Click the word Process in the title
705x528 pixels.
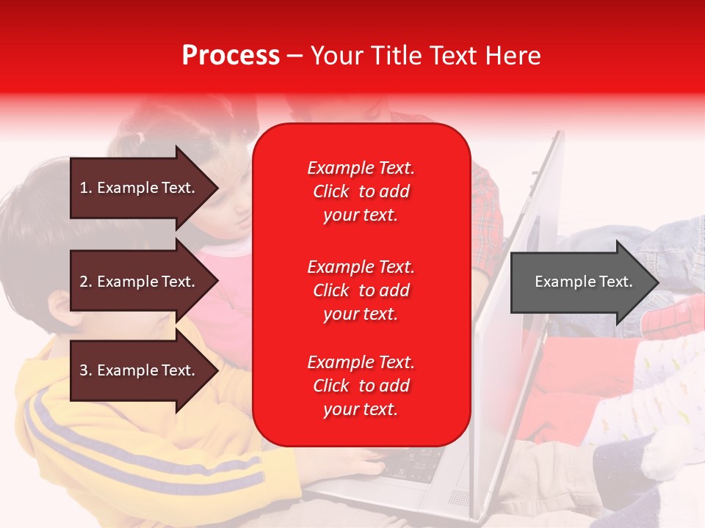click(x=231, y=55)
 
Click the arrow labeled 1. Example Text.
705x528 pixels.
click(x=144, y=188)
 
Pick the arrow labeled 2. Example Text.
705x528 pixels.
click(x=144, y=281)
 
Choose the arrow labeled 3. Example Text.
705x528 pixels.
click(x=144, y=370)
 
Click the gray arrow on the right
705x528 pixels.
click(x=585, y=282)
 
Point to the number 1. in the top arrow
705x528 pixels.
click(x=86, y=188)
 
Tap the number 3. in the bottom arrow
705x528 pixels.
click(x=86, y=370)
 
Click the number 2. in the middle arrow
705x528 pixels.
click(x=86, y=281)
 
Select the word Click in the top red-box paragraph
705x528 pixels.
click(x=331, y=191)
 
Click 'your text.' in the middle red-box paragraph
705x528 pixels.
click(x=361, y=315)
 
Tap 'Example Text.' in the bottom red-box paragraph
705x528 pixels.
click(x=361, y=362)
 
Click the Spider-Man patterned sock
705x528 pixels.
click(x=671, y=317)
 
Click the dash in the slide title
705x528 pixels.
click(x=295, y=56)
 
